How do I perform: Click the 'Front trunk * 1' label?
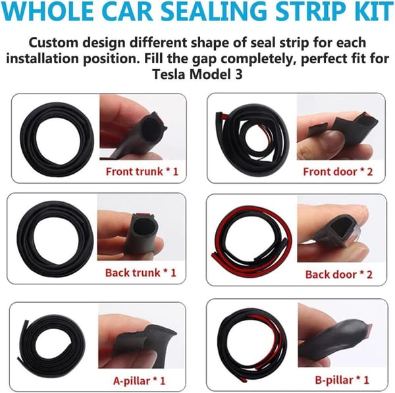click(142, 172)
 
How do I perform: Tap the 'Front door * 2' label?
click(338, 172)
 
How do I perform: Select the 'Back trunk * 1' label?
click(141, 273)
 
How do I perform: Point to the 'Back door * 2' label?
click(339, 275)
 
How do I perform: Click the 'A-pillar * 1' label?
click(140, 380)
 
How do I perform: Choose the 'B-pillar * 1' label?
click(342, 380)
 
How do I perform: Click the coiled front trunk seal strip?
click(28, 138)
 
